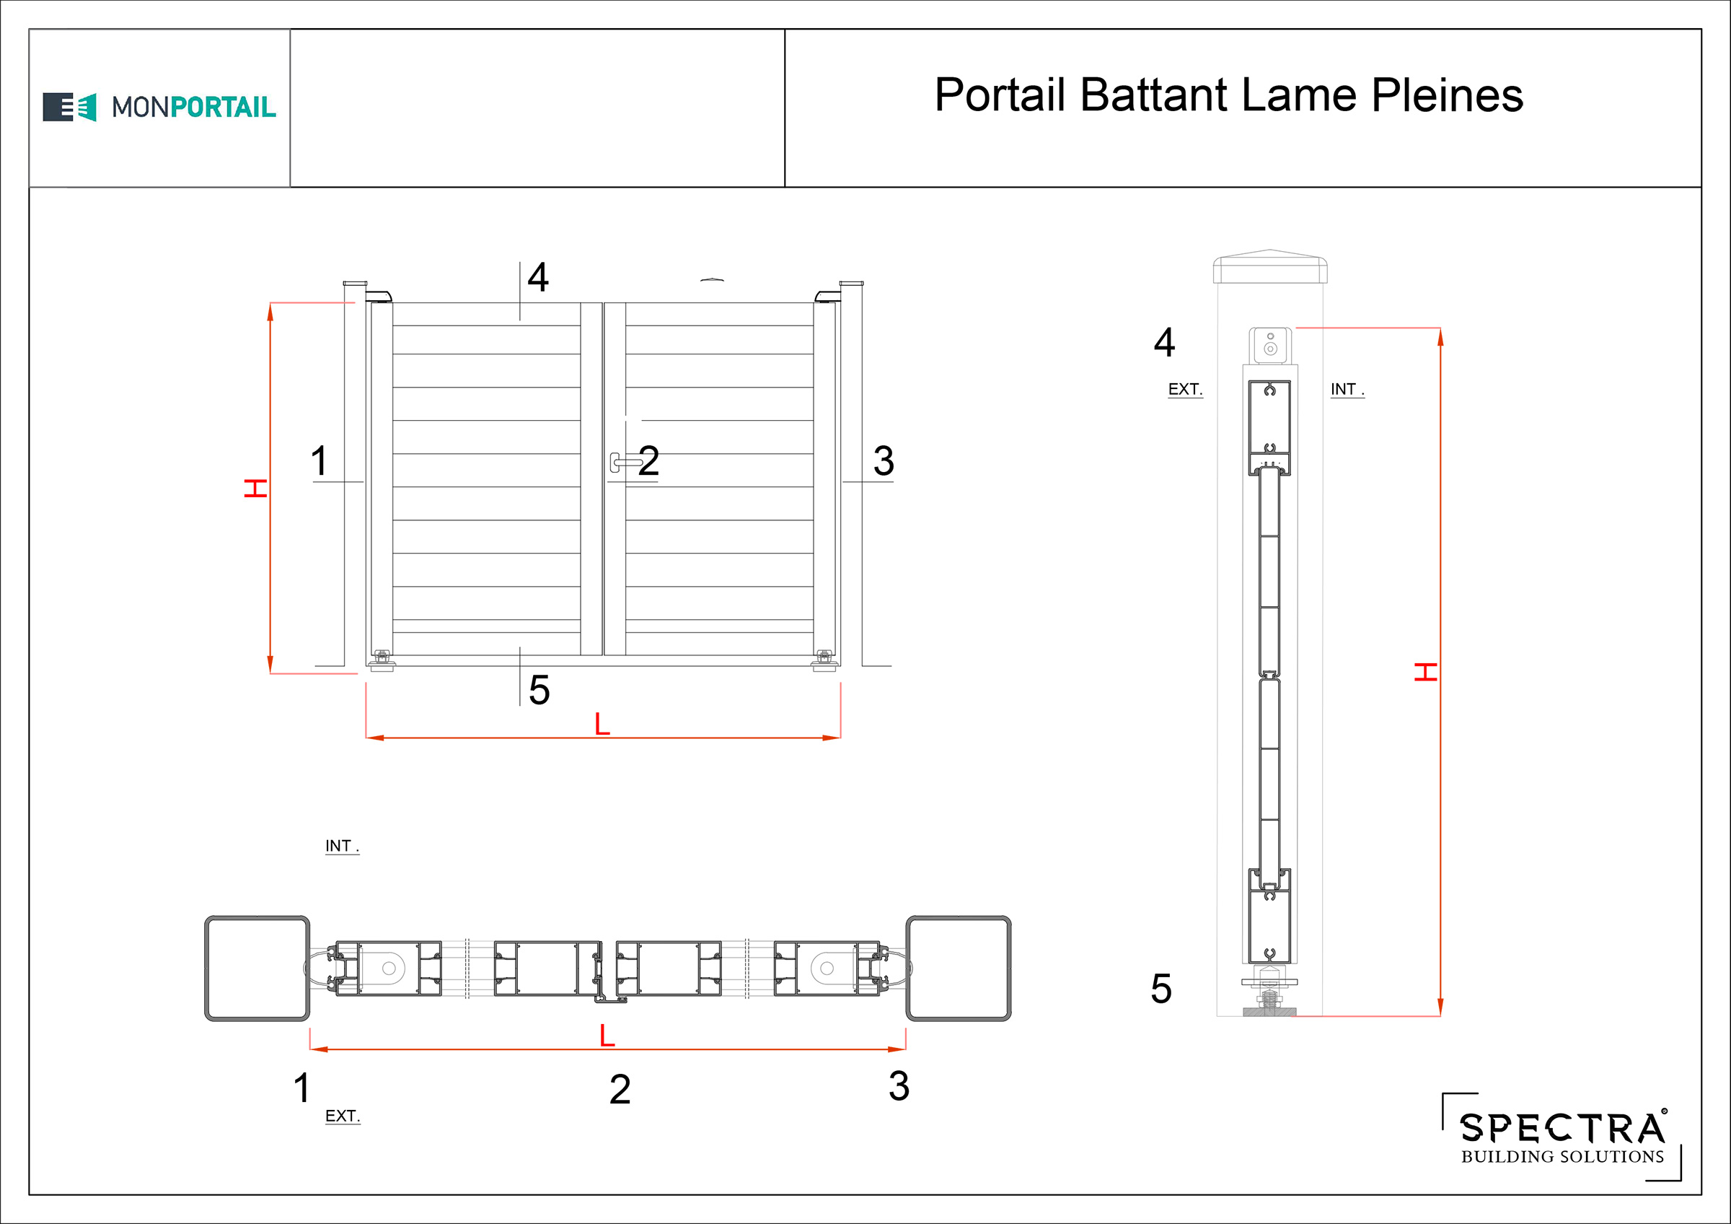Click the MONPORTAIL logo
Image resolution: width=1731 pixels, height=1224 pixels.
pos(159,107)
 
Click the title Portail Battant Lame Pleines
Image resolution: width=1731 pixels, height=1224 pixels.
pos(1229,96)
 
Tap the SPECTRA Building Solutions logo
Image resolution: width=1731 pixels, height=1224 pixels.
pos(1562,1136)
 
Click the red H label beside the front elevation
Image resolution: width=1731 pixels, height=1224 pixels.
pos(255,488)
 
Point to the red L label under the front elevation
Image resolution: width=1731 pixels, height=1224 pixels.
pos(602,724)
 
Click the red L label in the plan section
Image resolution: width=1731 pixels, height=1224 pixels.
pos(607,1036)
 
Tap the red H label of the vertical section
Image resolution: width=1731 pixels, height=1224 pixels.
pos(1426,671)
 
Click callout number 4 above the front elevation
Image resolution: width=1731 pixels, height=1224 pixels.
pos(537,277)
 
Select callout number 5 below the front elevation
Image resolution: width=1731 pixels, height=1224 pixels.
pos(539,689)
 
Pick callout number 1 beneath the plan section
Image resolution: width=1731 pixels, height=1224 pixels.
pos(301,1088)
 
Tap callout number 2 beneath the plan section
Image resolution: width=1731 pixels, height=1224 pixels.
pos(620,1089)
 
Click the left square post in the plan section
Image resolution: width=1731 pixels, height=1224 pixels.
pos(257,969)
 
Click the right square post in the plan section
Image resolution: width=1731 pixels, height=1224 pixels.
pos(959,969)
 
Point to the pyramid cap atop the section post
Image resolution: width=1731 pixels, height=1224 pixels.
pos(1269,266)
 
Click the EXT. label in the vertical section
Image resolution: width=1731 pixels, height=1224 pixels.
pos(1185,389)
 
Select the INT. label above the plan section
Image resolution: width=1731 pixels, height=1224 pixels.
pos(342,846)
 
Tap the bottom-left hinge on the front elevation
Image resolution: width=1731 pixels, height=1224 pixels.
pos(382,660)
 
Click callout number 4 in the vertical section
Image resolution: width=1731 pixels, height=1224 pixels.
pos(1164,342)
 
